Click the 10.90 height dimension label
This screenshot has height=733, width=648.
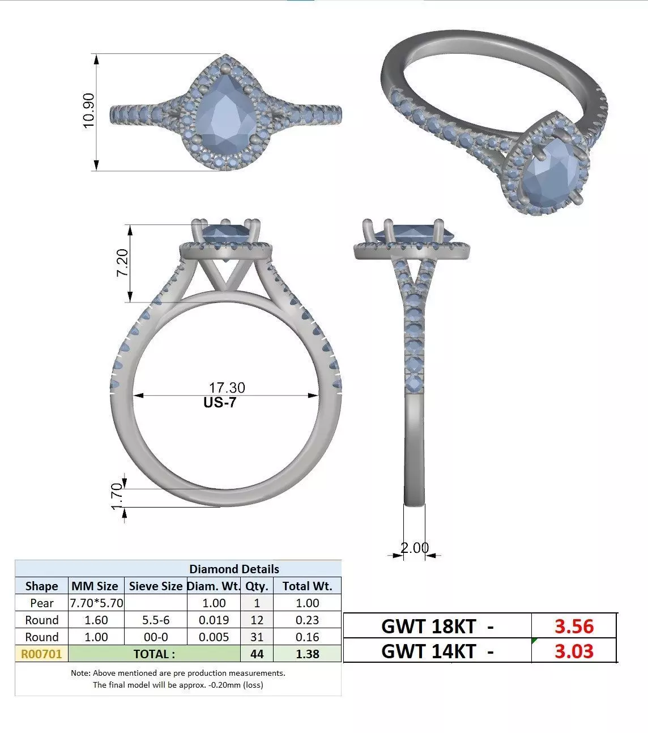pos(89,111)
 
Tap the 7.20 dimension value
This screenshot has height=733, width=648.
pos(122,263)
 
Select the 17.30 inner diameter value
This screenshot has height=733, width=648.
pos(227,388)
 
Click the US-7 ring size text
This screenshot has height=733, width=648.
pos(220,403)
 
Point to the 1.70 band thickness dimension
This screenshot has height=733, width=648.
pos(117,496)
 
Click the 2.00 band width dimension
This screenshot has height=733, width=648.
pos(415,548)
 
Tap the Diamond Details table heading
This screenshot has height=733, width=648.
pos(234,569)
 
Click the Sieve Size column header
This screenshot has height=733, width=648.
pos(156,586)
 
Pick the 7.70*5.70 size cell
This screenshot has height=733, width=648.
pos(96,603)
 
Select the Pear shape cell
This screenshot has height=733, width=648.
pos(42,603)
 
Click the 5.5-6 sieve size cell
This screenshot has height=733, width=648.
pos(156,620)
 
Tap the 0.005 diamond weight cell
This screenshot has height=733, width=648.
pos(214,637)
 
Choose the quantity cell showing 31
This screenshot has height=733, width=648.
pos(257,637)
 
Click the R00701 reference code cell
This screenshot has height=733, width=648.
pos(41,654)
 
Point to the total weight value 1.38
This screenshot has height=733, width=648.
pos(307,654)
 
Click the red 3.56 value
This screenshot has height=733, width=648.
pos(574,627)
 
